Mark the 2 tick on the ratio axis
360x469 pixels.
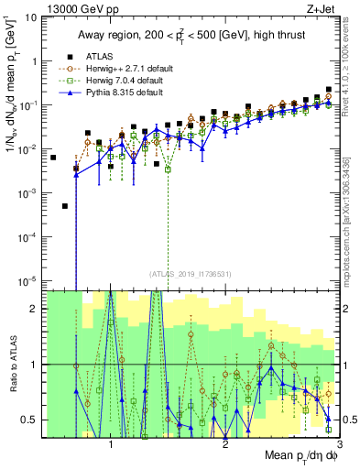38,309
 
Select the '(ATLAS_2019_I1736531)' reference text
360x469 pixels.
191,273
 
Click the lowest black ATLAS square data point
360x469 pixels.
65,206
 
